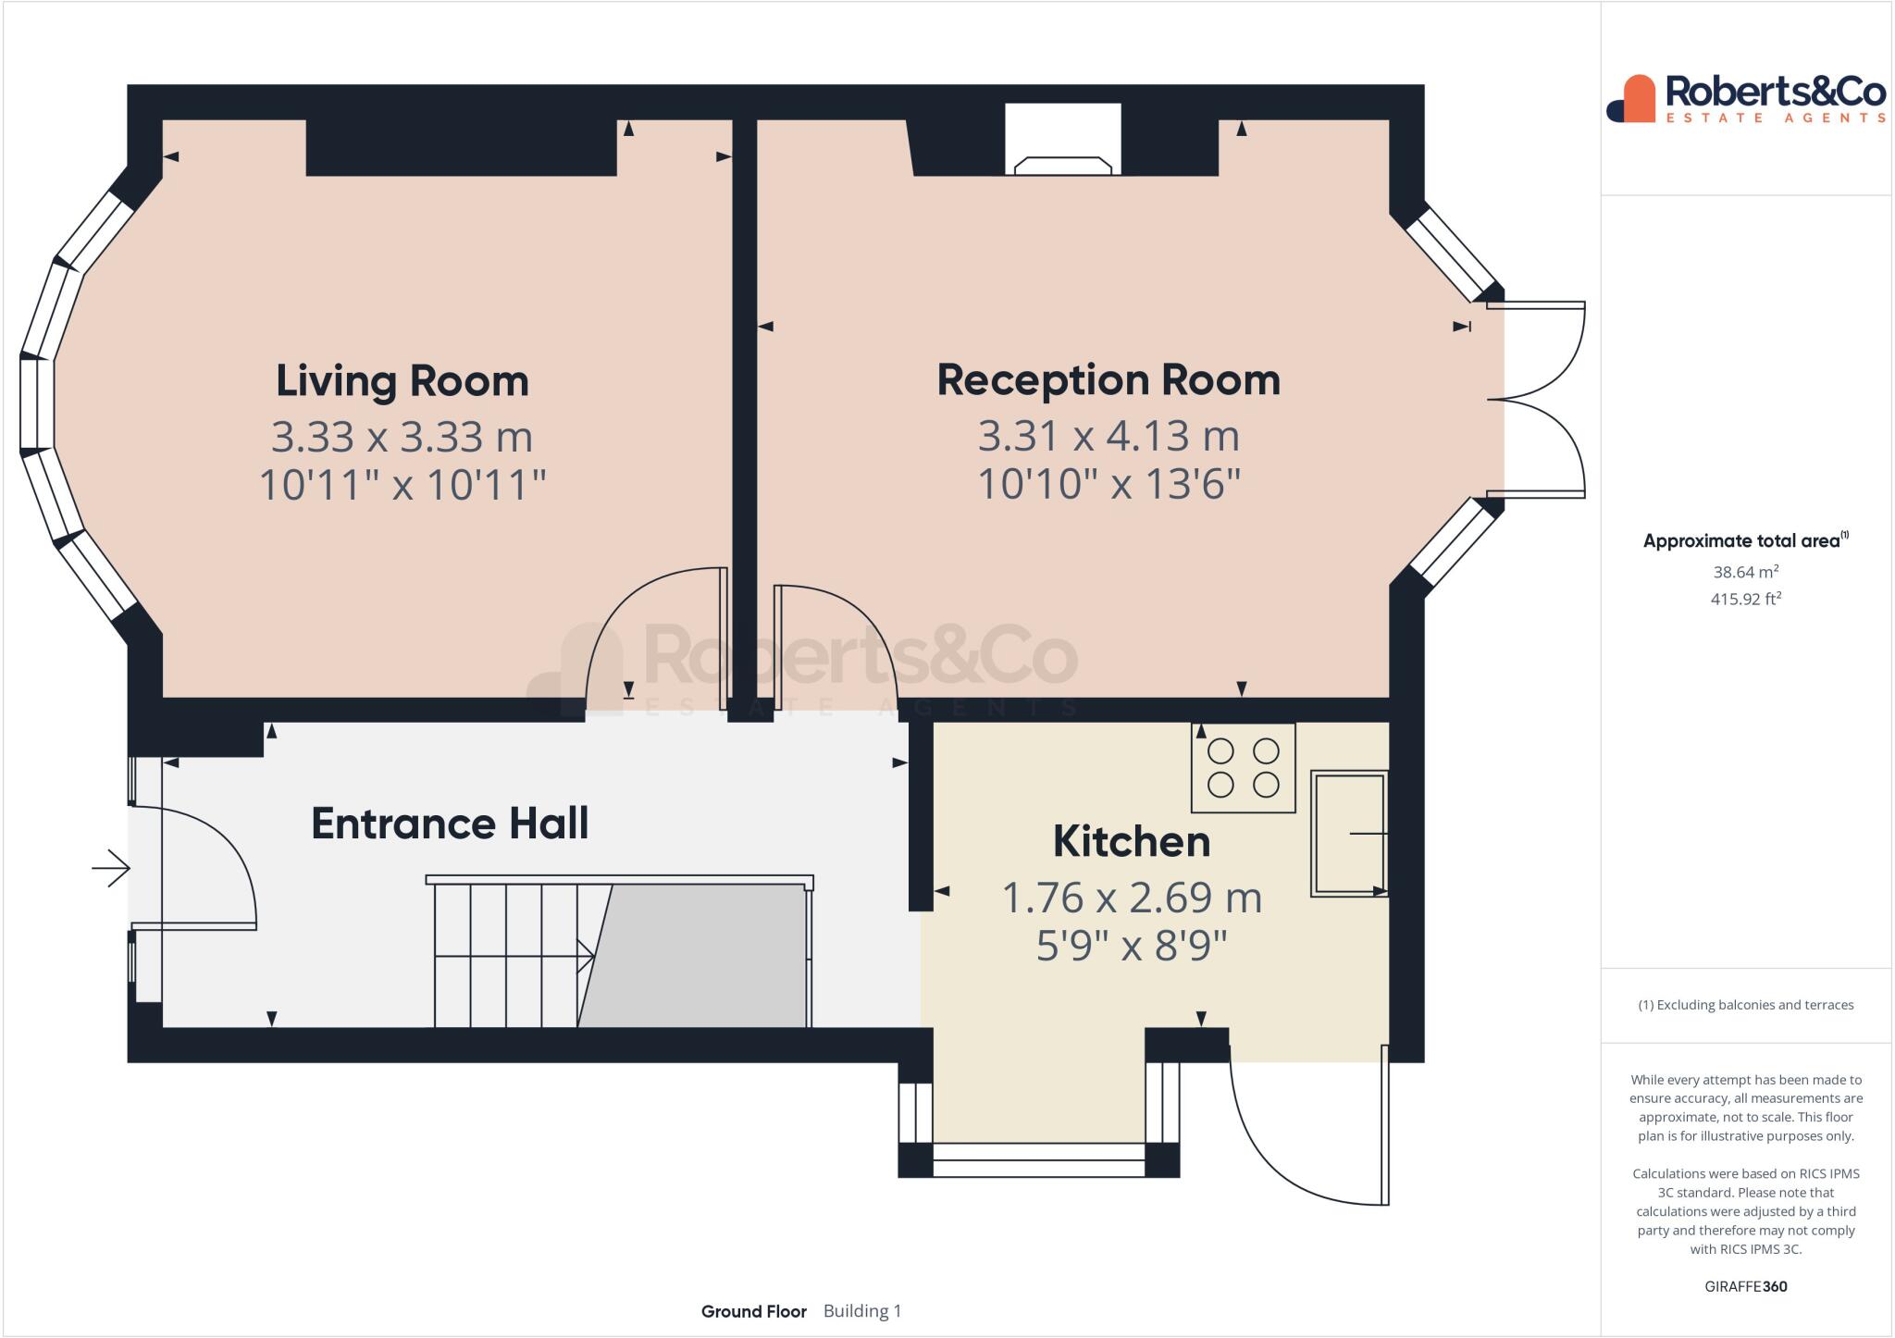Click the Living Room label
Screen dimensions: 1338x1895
[402, 381]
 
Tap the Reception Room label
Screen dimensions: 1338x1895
[1109, 380]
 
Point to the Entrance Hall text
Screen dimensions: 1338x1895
[450, 824]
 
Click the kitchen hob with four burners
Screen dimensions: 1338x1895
[1243, 768]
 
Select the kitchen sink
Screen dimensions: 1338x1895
[1349, 834]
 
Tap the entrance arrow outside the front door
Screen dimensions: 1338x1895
[111, 868]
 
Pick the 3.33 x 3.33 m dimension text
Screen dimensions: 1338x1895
[402, 437]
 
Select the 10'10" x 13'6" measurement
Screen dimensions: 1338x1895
[1109, 484]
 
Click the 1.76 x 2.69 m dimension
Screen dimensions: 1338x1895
[1132, 898]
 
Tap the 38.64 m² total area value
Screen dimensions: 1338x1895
[1745, 572]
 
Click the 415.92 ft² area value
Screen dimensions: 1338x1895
[1745, 599]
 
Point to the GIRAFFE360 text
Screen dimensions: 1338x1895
[1745, 1286]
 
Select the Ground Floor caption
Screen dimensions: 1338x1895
[753, 1311]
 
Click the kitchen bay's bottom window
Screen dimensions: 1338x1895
[1038, 1159]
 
